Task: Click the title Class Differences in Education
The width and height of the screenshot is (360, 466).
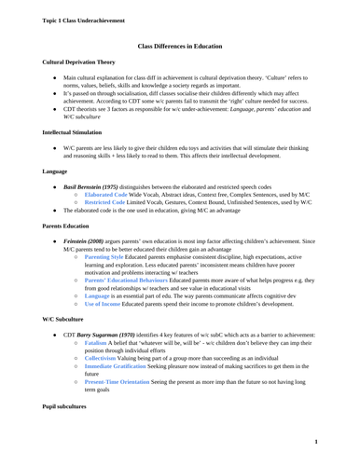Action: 179,44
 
